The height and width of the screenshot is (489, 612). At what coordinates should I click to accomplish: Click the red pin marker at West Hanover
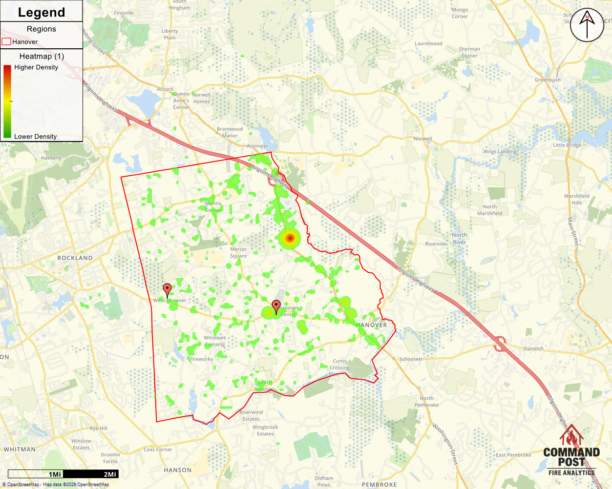coord(167,289)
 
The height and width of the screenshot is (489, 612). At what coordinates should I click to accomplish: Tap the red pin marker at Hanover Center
coord(276,306)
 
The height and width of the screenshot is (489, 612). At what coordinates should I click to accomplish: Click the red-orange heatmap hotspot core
coord(290,238)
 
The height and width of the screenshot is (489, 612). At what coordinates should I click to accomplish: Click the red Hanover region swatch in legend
coord(6,42)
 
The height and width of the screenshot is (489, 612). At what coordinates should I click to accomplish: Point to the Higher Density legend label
coord(36,67)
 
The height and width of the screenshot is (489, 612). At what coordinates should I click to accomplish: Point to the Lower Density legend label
coord(35,137)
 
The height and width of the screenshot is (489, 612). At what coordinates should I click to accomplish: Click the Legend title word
coord(42,12)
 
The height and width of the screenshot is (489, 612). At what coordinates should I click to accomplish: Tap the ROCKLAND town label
coord(75,258)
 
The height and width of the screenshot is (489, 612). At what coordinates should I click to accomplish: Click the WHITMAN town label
coord(20,449)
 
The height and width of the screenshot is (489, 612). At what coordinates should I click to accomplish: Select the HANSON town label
coord(178,470)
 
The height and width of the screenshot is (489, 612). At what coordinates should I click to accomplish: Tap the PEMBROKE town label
coord(380,485)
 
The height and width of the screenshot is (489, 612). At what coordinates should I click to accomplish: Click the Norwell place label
coord(422,139)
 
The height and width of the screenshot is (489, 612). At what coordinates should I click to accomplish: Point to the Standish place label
coord(533,348)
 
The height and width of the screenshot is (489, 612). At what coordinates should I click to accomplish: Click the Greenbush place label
coord(548,80)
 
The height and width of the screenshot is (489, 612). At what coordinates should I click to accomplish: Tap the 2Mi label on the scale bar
coord(110,474)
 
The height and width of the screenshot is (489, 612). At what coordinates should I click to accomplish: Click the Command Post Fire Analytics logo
coord(571,451)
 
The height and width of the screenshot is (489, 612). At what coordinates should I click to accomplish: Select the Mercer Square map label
coord(238,252)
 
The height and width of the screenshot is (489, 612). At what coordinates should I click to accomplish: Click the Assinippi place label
coord(257,146)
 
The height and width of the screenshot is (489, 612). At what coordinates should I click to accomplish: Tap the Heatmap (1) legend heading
coord(42,56)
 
